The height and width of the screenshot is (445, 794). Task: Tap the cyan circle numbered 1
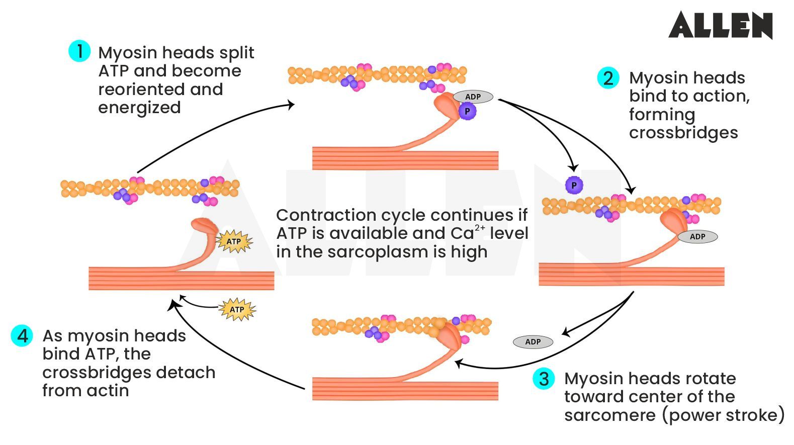79,51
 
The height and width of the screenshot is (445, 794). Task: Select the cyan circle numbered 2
608,78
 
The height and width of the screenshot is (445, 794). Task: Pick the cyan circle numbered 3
544,378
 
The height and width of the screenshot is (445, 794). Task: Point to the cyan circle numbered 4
22,335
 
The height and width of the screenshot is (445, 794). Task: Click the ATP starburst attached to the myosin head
234,241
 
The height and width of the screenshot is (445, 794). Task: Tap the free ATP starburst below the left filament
237,309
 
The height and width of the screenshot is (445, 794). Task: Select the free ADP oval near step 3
533,342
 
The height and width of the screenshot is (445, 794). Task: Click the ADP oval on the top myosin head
473,97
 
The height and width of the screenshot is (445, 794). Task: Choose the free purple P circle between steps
574,185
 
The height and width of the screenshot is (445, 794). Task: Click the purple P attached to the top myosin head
467,111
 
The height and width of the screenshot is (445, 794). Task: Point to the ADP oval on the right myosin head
697,236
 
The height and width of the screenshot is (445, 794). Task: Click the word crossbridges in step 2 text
683,133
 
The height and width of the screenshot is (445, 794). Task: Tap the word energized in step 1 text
139,108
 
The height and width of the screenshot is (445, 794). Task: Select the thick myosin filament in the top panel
405,160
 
